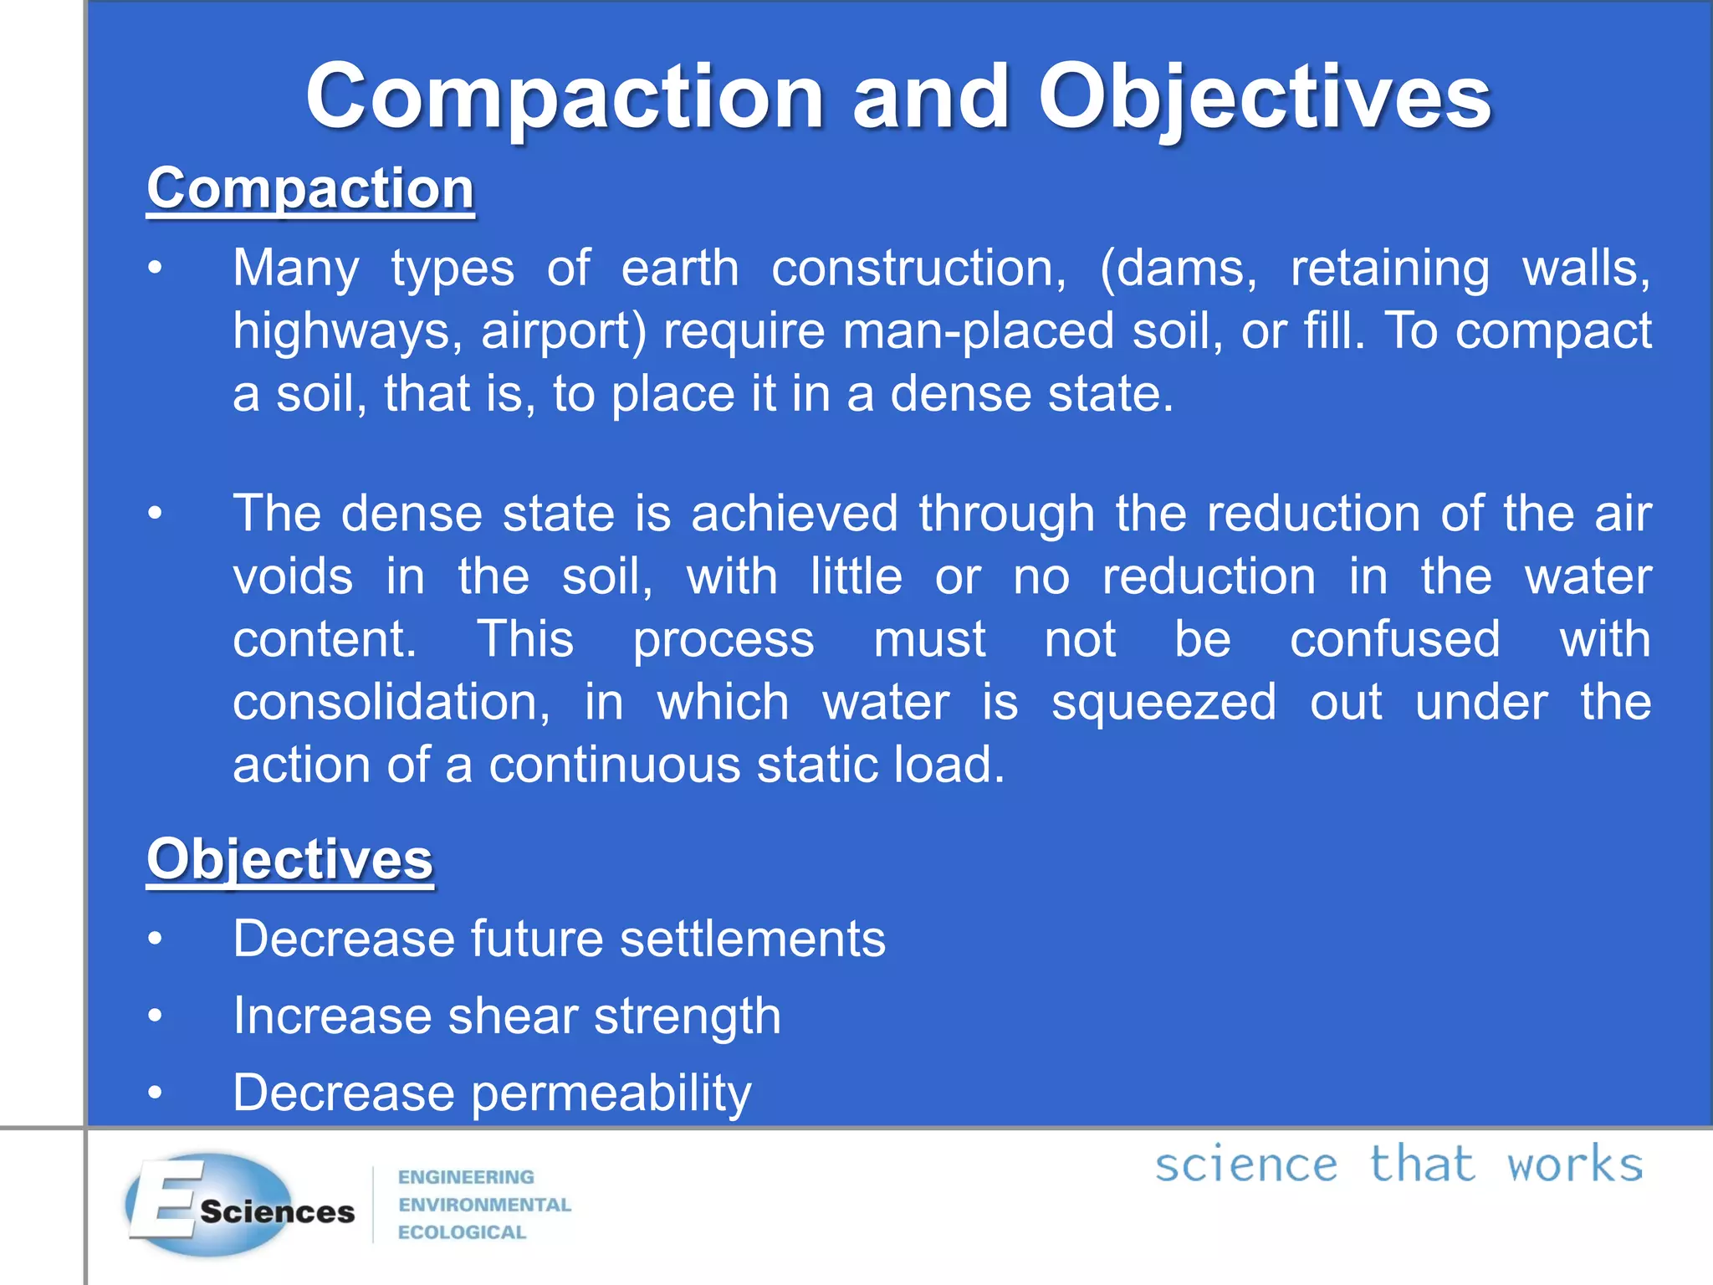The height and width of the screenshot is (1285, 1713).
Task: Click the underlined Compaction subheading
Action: pyautogui.click(x=310, y=188)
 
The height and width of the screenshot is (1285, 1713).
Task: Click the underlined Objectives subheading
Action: pyautogui.click(x=289, y=859)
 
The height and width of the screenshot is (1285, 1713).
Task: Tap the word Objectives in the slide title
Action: pyautogui.click(x=1264, y=98)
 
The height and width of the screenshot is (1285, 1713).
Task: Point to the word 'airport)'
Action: pyautogui.click(x=564, y=331)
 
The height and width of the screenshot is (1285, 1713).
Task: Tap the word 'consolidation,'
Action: pyautogui.click(x=391, y=702)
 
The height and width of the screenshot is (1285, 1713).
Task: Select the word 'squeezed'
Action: pyautogui.click(x=1163, y=702)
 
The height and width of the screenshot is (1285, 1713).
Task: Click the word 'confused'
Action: pyautogui.click(x=1395, y=639)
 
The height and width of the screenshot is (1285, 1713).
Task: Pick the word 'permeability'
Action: pyautogui.click(x=611, y=1093)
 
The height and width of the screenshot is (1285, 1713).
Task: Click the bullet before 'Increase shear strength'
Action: pyautogui.click(x=155, y=1016)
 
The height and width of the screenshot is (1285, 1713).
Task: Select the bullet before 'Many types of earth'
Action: pyautogui.click(x=155, y=269)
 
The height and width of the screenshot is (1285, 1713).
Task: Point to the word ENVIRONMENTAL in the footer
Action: pyautogui.click(x=484, y=1205)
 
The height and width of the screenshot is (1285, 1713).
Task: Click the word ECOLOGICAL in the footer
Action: pyautogui.click(x=462, y=1232)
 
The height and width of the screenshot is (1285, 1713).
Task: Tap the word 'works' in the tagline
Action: pyautogui.click(x=1575, y=1165)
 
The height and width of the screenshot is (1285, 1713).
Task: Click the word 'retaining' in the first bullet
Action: pyautogui.click(x=1390, y=269)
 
